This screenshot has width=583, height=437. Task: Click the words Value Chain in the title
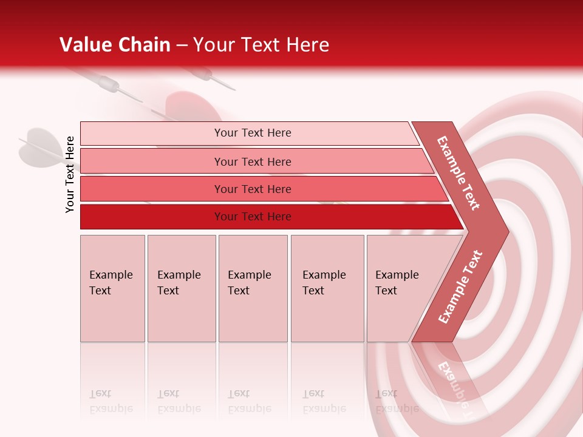[115, 45]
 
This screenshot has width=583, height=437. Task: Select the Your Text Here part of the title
[261, 45]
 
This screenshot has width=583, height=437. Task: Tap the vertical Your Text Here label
[70, 174]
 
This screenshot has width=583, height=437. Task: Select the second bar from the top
[253, 161]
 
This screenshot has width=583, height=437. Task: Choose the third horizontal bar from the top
[253, 189]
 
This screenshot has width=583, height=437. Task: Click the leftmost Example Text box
[112, 288]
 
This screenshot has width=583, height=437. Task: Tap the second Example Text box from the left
[181, 288]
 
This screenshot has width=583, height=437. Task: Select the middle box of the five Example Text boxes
[253, 288]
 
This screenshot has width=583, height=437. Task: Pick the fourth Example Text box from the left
[327, 288]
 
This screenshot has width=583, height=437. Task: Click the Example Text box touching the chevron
[398, 288]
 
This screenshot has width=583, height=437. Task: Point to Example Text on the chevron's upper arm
[459, 173]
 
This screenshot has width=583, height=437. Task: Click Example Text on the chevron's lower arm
[460, 287]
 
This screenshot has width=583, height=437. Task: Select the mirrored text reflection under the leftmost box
[111, 401]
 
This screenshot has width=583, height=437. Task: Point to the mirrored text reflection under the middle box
[250, 401]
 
